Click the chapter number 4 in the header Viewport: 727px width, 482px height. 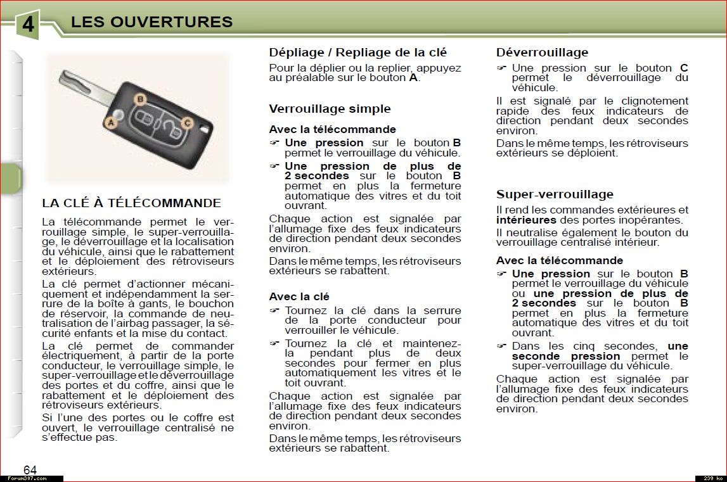[27, 25]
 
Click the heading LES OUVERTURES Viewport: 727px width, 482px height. [151, 22]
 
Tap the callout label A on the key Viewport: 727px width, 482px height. [112, 123]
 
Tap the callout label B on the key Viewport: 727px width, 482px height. [141, 99]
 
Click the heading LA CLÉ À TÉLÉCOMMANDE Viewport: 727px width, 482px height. [131, 203]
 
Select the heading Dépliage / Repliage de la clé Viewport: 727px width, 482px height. [357, 53]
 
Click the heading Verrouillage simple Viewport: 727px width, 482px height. [330, 109]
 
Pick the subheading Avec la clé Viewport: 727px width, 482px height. [299, 296]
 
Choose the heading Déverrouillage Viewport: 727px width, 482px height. [542, 53]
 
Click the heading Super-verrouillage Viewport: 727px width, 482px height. [555, 194]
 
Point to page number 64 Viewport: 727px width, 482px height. [30, 469]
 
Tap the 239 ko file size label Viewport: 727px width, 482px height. [709, 478]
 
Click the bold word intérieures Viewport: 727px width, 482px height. [526, 220]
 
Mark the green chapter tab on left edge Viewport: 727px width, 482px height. [10, 179]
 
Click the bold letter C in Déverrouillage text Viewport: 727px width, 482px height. [684, 68]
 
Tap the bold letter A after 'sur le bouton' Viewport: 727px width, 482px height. [413, 78]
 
